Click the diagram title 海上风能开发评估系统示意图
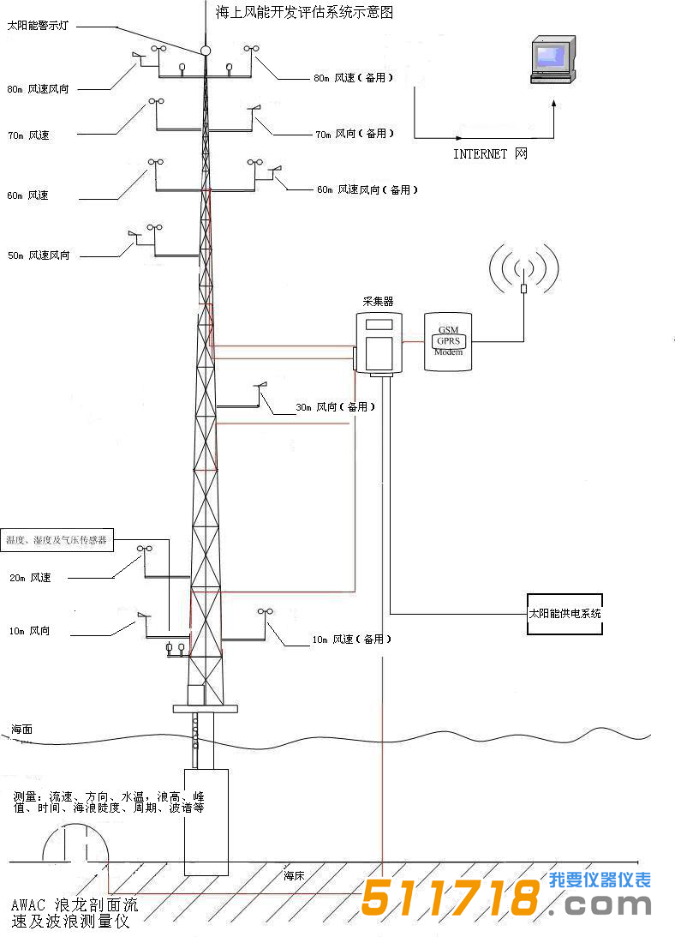tap(305, 14)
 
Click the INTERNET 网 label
tap(490, 154)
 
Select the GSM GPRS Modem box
tap(448, 341)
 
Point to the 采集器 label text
tap(379, 302)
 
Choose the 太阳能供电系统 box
tap(564, 614)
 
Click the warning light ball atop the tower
tap(206, 50)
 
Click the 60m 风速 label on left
tap(27, 195)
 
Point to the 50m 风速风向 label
tap(39, 255)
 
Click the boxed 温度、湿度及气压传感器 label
tap(57, 540)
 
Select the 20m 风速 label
tap(30, 578)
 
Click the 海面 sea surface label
tap(22, 730)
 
